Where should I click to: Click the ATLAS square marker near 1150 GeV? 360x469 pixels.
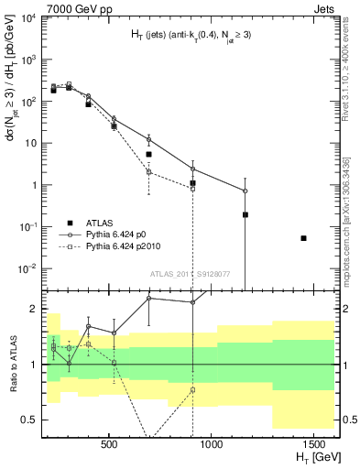(x=245, y=215)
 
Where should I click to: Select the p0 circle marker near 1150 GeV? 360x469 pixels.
(x=245, y=191)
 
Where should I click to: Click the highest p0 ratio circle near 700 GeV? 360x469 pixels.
(x=148, y=299)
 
